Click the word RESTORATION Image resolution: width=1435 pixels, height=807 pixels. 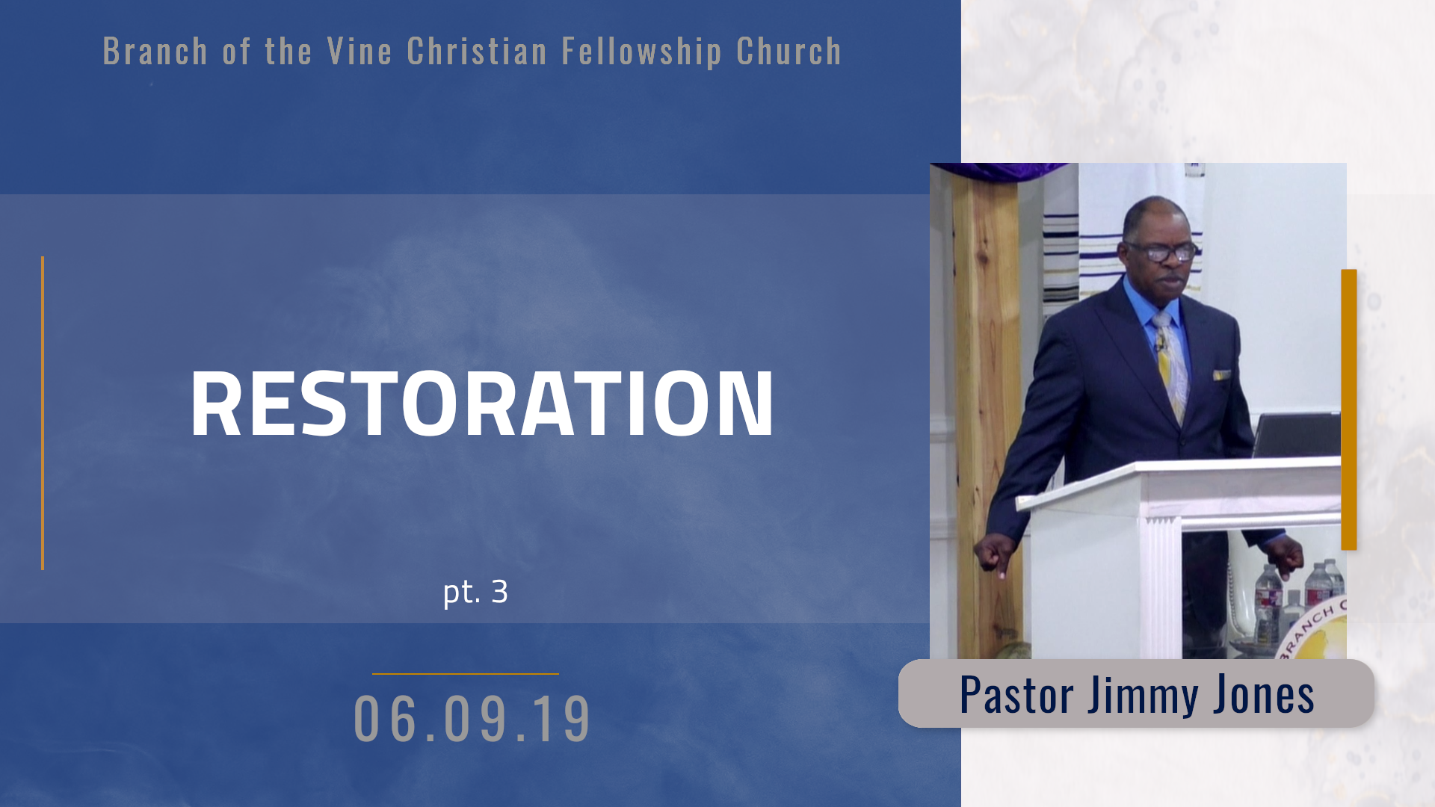[x=482, y=403]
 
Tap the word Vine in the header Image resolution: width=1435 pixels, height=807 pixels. [x=359, y=52]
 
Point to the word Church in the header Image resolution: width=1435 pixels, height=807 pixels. [x=789, y=52]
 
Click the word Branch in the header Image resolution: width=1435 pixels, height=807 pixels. [x=155, y=52]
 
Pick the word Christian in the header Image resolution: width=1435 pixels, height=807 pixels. [x=477, y=52]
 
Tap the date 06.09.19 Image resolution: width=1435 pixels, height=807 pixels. [x=472, y=719]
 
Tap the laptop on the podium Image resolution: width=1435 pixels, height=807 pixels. [x=1297, y=435]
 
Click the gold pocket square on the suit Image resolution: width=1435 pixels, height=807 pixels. [x=1222, y=374]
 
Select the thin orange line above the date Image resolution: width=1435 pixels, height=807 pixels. [x=465, y=674]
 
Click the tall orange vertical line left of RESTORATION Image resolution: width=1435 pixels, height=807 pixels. [x=43, y=413]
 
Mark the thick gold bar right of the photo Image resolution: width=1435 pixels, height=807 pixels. [x=1349, y=409]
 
